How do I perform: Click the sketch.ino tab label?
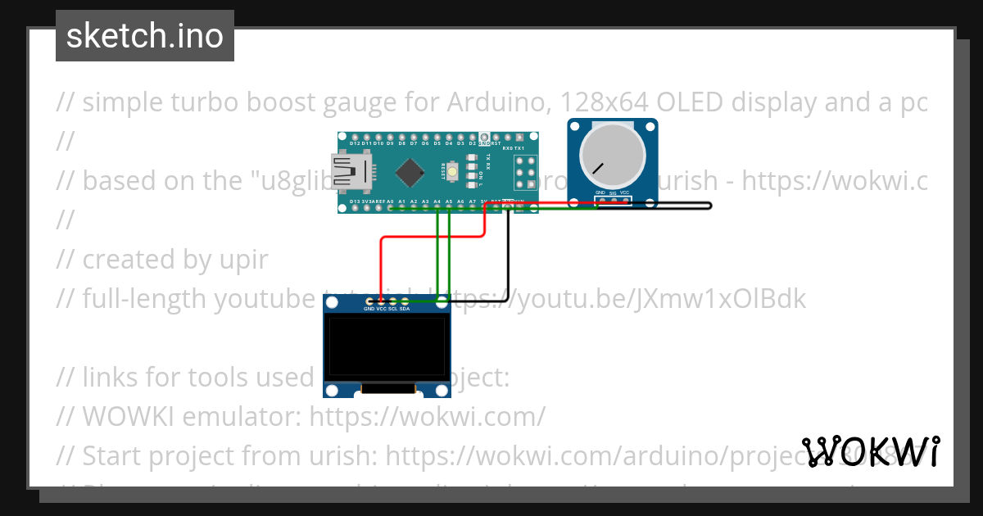[145, 36]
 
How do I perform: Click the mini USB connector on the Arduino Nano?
[347, 172]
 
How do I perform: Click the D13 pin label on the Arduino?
[355, 201]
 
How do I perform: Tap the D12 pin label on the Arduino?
[355, 143]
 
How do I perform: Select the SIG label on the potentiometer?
[612, 193]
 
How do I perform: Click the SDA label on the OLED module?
[405, 309]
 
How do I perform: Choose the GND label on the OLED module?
[369, 309]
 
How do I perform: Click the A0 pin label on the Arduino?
[390, 201]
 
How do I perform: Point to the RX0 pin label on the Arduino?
[508, 149]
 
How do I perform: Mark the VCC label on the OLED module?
[381, 309]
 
